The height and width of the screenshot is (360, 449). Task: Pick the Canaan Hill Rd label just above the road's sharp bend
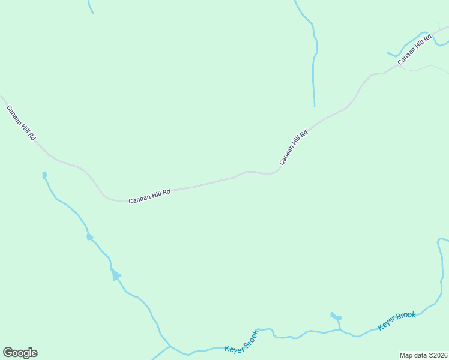click(294, 148)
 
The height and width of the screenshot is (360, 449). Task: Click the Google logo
click(20, 353)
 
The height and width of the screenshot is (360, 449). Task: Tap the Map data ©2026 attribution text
click(423, 355)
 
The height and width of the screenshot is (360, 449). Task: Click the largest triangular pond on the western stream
click(115, 275)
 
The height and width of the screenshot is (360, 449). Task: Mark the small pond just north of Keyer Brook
click(336, 316)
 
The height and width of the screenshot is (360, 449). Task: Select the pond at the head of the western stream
click(44, 175)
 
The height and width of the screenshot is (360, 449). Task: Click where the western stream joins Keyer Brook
click(170, 346)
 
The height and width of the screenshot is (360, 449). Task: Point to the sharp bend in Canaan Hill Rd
click(276, 173)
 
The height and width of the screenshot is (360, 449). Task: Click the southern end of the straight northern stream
click(314, 106)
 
